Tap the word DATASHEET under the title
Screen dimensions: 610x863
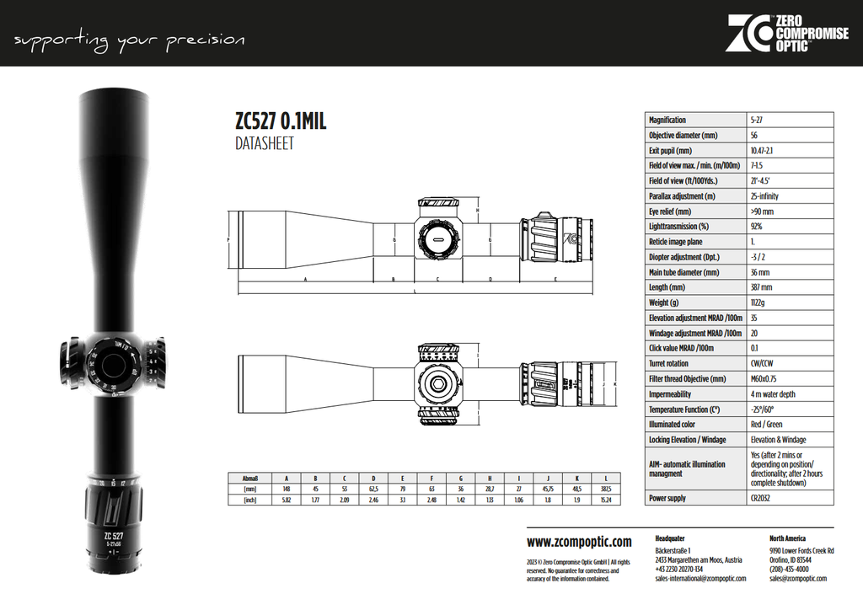[264, 144]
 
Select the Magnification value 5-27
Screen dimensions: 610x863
[757, 120]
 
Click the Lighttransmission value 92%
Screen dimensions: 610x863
[756, 227]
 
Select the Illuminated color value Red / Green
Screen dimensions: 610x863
[767, 425]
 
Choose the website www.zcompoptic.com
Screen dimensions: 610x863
[578, 542]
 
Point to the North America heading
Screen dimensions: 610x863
[787, 538]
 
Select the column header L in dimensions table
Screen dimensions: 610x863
[606, 477]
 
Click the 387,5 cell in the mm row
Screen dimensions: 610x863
[606, 489]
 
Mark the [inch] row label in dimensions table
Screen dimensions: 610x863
[249, 500]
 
